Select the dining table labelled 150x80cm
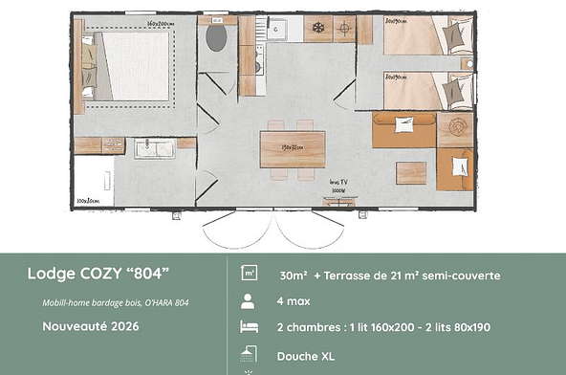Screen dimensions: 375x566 click(x=293, y=148)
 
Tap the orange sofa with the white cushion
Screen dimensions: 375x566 click(x=404, y=128)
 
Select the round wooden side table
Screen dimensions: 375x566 click(x=455, y=126)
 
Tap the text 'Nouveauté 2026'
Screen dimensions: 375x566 click(x=92, y=325)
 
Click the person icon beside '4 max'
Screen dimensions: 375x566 click(x=248, y=301)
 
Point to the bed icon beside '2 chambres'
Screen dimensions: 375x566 click(x=248, y=328)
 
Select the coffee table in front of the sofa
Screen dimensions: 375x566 click(x=410, y=172)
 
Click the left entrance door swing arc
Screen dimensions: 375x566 click(x=235, y=228)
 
